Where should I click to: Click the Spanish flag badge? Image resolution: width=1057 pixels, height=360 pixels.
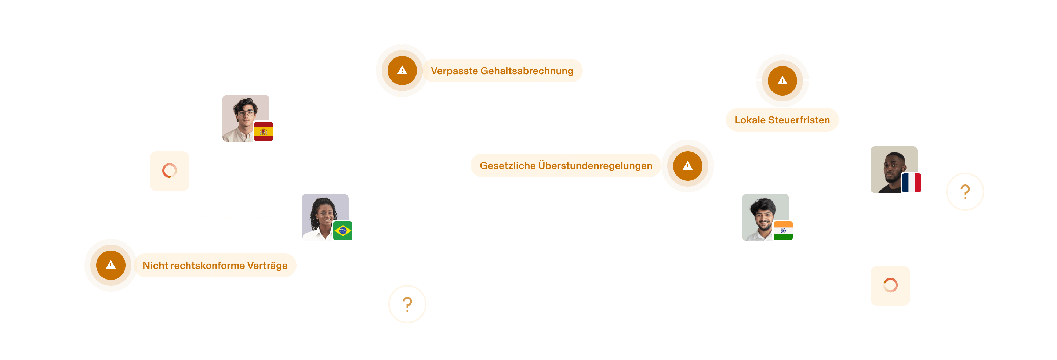[x=264, y=132]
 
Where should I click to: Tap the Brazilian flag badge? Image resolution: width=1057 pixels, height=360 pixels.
[x=342, y=231]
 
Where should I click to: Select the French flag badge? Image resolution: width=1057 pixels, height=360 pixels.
[x=911, y=183]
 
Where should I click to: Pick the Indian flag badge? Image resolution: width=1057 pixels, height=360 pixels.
[x=783, y=231]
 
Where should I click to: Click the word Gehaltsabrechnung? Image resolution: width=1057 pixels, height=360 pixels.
[x=527, y=71]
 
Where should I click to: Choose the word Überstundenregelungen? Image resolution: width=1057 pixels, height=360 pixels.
[x=595, y=166]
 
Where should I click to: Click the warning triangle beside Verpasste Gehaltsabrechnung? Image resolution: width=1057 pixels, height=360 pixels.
[x=402, y=71]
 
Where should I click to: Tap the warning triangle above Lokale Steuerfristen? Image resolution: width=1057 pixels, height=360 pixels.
[x=782, y=80]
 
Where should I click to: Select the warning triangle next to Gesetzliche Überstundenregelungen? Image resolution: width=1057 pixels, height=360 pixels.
[x=688, y=166]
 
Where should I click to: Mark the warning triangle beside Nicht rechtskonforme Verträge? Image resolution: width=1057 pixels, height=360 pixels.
[x=110, y=265]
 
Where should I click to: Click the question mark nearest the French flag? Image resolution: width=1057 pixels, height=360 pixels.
[x=965, y=192]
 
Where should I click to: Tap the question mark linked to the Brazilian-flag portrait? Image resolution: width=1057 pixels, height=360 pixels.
[x=407, y=304]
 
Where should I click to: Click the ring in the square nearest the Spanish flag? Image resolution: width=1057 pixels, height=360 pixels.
[x=170, y=171]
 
